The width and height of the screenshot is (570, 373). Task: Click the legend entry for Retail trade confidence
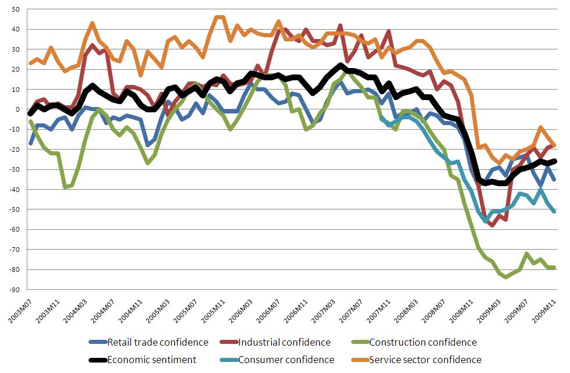(158, 343)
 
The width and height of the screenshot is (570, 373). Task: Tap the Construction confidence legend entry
(423, 343)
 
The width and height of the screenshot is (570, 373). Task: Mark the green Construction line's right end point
(554, 268)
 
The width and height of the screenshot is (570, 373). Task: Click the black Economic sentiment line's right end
(554, 161)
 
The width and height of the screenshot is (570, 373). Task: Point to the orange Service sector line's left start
(30, 63)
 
